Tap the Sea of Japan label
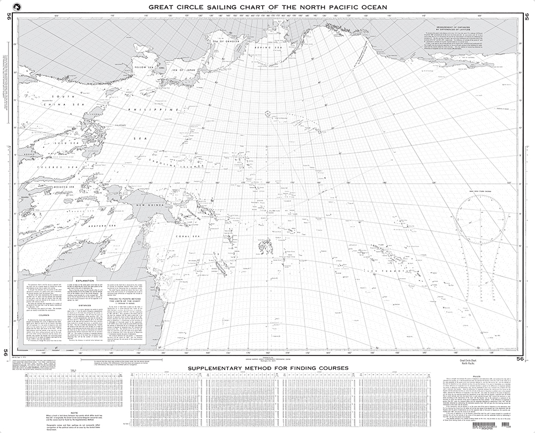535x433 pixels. pos(181,69)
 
